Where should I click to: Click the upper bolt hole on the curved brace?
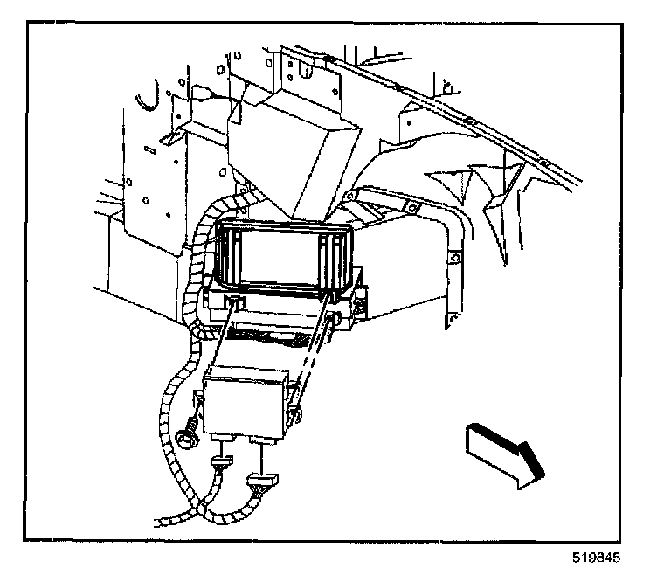453,260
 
